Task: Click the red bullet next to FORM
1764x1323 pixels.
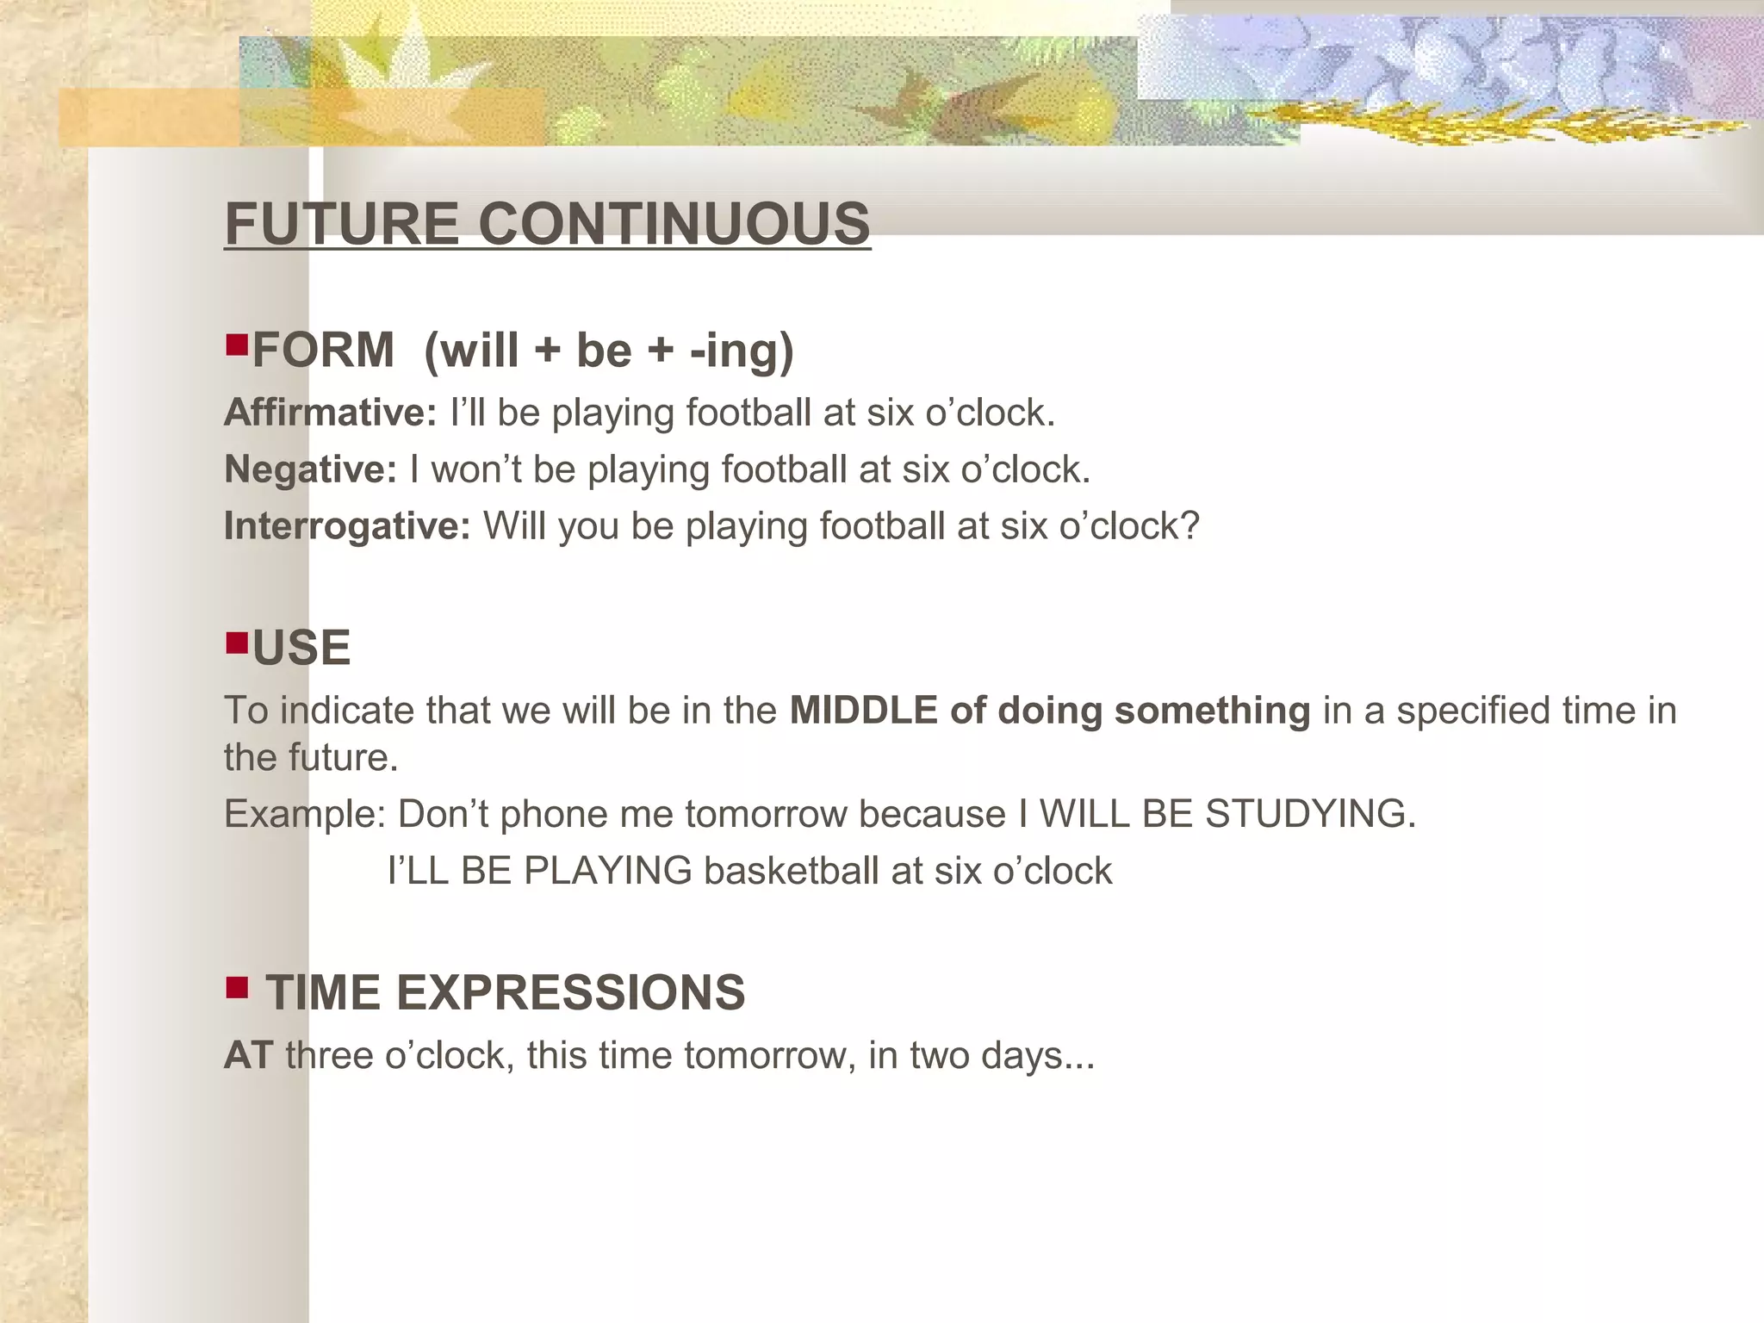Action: click(236, 345)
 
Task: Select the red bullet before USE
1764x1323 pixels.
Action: click(236, 643)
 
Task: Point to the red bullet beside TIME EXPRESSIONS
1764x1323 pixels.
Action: click(236, 986)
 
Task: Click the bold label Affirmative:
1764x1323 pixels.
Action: click(331, 413)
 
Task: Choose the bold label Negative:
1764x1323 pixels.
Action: click(310, 469)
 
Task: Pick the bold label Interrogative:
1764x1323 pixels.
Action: click(347, 526)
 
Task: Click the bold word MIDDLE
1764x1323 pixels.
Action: click(864, 711)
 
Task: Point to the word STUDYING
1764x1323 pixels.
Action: click(1309, 814)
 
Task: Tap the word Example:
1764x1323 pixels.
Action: click(305, 814)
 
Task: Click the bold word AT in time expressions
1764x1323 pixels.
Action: click(249, 1055)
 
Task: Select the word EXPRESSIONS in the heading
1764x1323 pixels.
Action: click(570, 992)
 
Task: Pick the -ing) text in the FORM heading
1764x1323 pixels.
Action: click(741, 351)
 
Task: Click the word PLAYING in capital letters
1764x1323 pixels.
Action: click(607, 871)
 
